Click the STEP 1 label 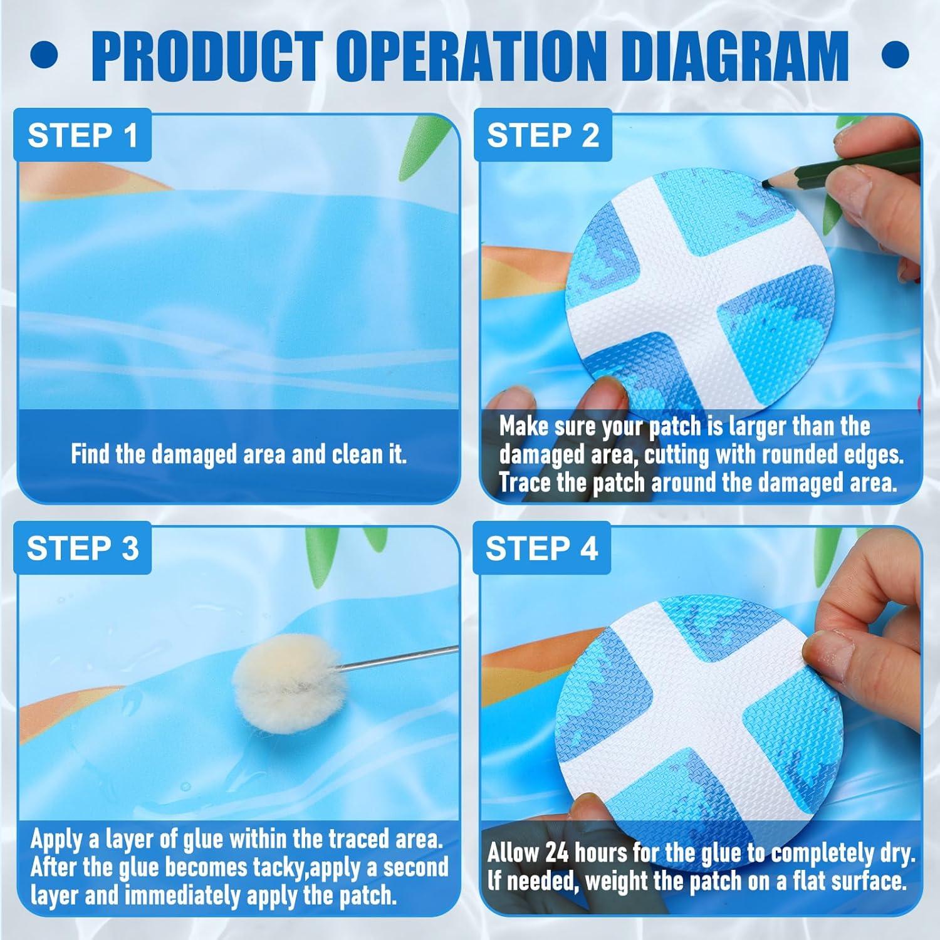[x=83, y=135]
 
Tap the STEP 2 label [x=543, y=135]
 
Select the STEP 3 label [x=83, y=548]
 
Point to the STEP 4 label [x=541, y=548]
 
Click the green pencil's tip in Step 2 [x=766, y=182]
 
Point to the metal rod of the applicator [x=389, y=659]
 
